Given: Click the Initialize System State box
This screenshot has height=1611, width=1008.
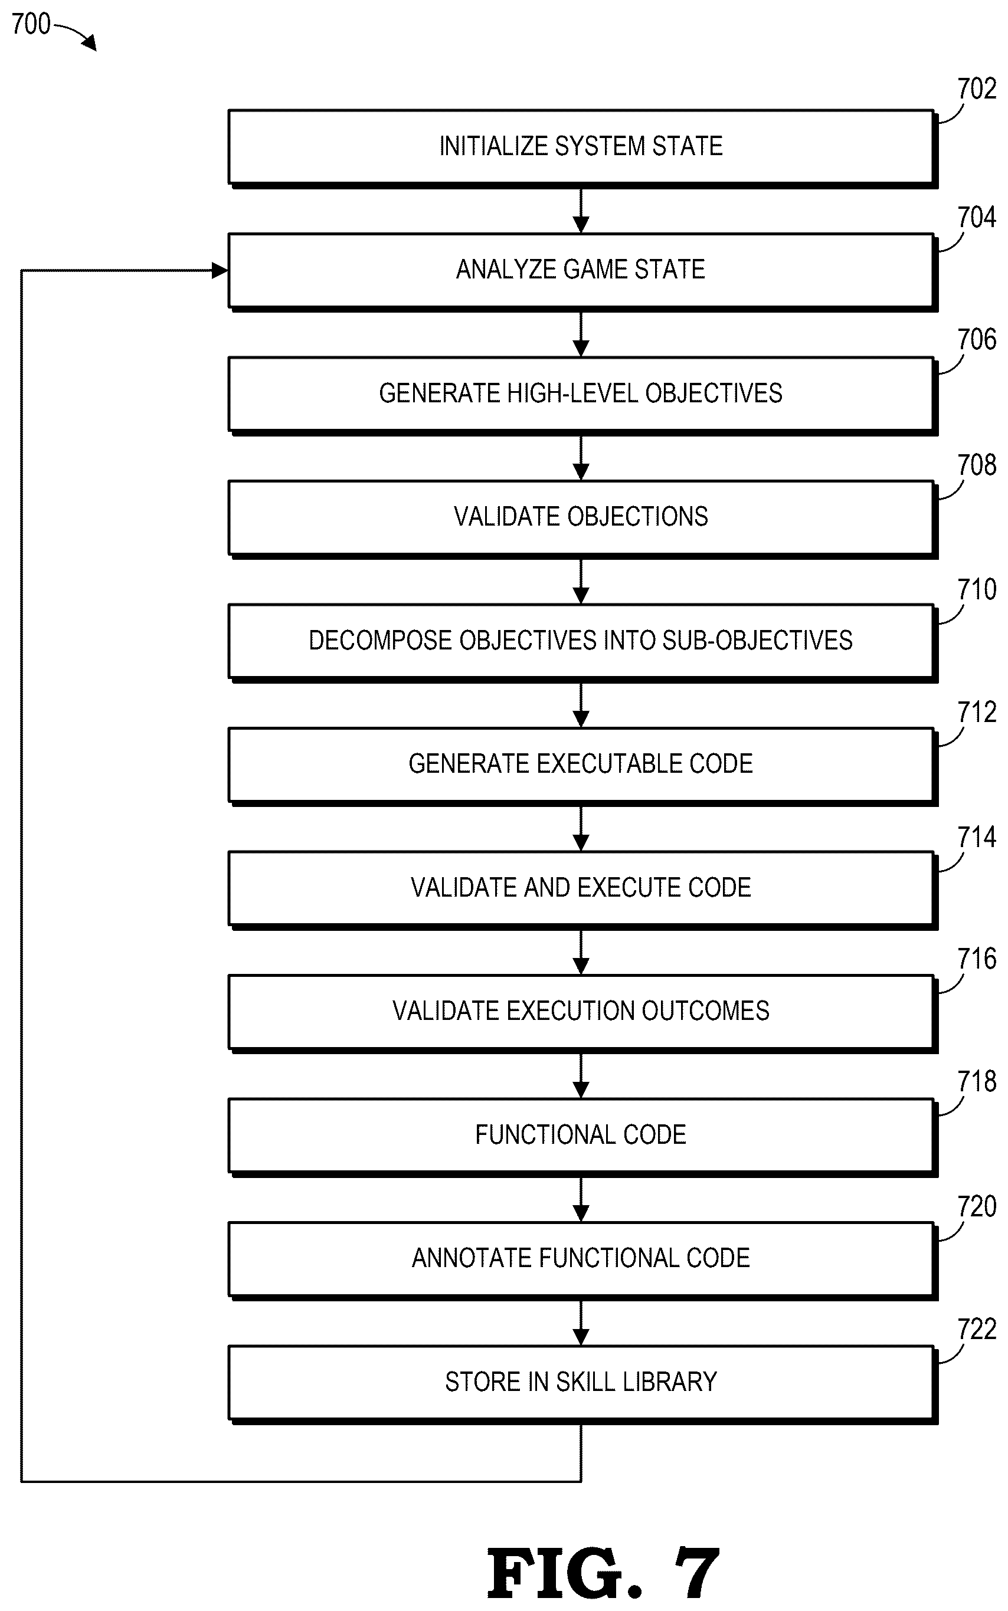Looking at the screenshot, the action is (582, 149).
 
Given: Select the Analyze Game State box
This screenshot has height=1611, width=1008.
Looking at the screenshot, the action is (582, 272).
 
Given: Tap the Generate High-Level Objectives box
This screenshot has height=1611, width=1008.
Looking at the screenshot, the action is (582, 396).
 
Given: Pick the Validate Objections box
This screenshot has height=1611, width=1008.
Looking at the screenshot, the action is (582, 519).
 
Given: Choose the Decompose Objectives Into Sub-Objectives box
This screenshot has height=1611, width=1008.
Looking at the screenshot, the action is (582, 643).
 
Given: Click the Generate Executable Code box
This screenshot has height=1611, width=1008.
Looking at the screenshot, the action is (582, 766).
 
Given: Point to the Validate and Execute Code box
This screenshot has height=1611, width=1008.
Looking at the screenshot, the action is (582, 890).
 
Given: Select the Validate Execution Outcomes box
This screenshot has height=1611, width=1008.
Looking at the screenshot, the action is (582, 1013).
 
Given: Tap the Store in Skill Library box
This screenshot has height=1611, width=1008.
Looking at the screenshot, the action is (582, 1384).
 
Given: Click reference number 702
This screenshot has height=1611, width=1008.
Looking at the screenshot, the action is (977, 89).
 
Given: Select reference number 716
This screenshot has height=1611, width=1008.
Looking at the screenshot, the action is (977, 959).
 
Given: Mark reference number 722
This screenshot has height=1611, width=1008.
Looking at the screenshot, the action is (977, 1329).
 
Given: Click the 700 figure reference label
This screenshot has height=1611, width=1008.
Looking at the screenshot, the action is (31, 24).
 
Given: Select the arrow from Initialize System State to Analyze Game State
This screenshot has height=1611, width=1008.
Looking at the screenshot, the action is (581, 211).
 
